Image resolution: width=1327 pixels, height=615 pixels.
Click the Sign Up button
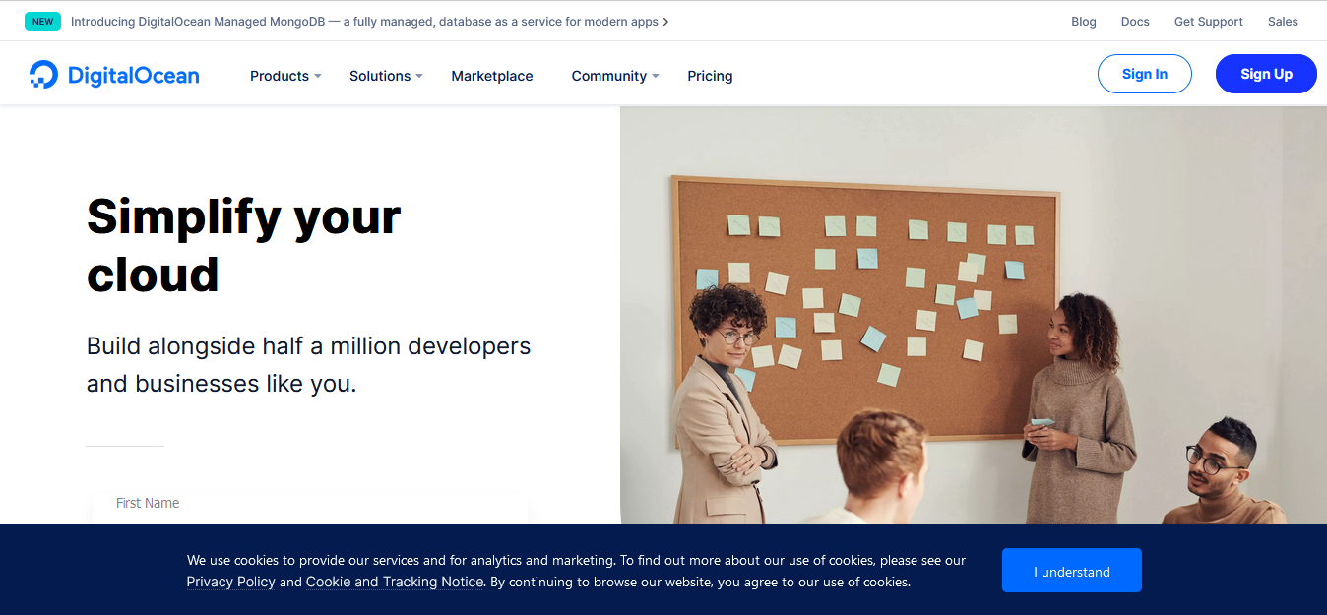tap(1266, 74)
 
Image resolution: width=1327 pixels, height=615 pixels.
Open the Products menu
tap(285, 76)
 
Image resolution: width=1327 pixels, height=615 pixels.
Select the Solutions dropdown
tap(386, 76)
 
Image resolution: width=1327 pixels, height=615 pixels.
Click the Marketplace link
tap(492, 76)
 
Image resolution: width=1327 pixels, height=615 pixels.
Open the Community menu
tap(615, 76)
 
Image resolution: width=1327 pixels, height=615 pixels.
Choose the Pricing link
tap(710, 76)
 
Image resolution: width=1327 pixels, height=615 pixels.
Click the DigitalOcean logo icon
tap(44, 75)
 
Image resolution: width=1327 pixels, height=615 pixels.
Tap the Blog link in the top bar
tap(1083, 22)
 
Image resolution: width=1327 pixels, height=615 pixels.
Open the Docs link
tap(1135, 22)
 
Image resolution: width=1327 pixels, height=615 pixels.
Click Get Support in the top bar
tap(1208, 22)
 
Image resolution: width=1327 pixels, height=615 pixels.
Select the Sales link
tap(1283, 22)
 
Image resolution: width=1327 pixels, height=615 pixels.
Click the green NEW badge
tap(42, 22)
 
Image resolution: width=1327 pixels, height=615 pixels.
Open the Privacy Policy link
tap(230, 582)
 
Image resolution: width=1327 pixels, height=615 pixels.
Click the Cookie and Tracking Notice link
tap(395, 582)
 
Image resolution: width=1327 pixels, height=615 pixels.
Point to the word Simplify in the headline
tap(169, 216)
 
